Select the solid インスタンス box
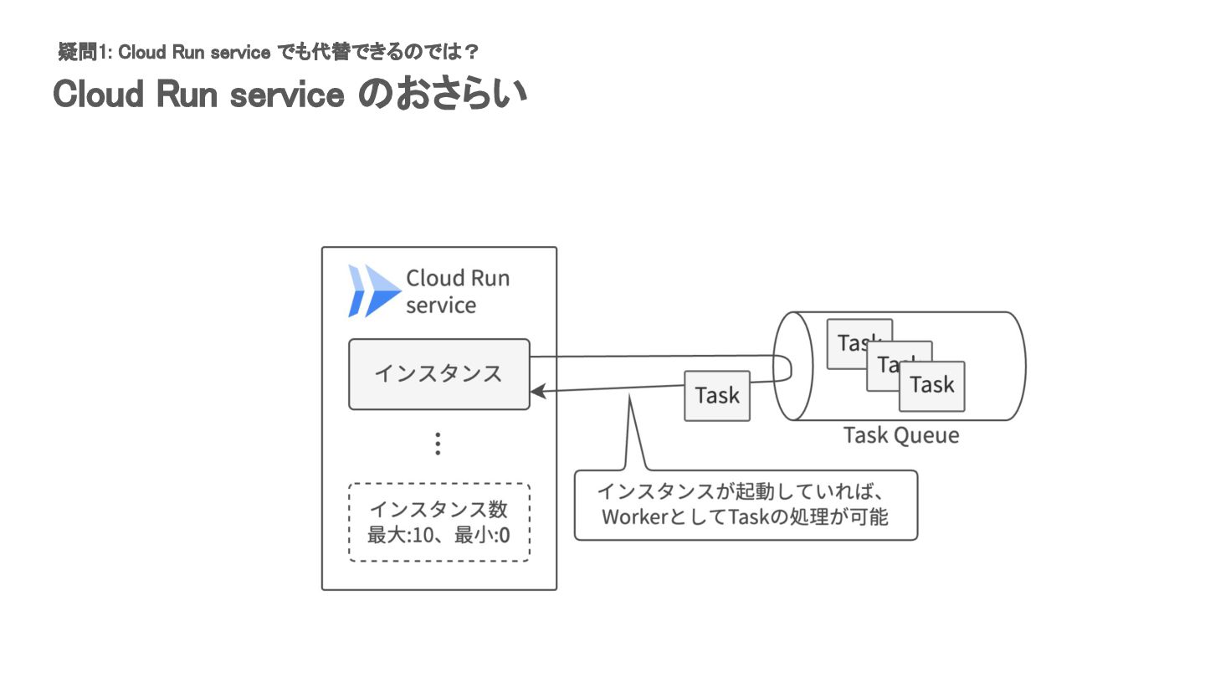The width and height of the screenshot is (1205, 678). point(438,373)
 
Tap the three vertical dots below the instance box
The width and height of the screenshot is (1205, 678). point(438,444)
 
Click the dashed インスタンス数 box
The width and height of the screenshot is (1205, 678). point(438,521)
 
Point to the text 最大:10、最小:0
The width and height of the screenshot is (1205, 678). point(438,533)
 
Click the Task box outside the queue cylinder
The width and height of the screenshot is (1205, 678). point(717,395)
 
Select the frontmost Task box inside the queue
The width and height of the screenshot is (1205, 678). point(931,386)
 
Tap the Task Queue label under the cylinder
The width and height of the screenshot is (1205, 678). point(900,436)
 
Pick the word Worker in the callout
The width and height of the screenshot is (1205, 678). point(633,517)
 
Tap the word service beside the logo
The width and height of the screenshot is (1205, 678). point(441,306)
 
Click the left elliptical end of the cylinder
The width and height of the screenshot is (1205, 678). point(792,366)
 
